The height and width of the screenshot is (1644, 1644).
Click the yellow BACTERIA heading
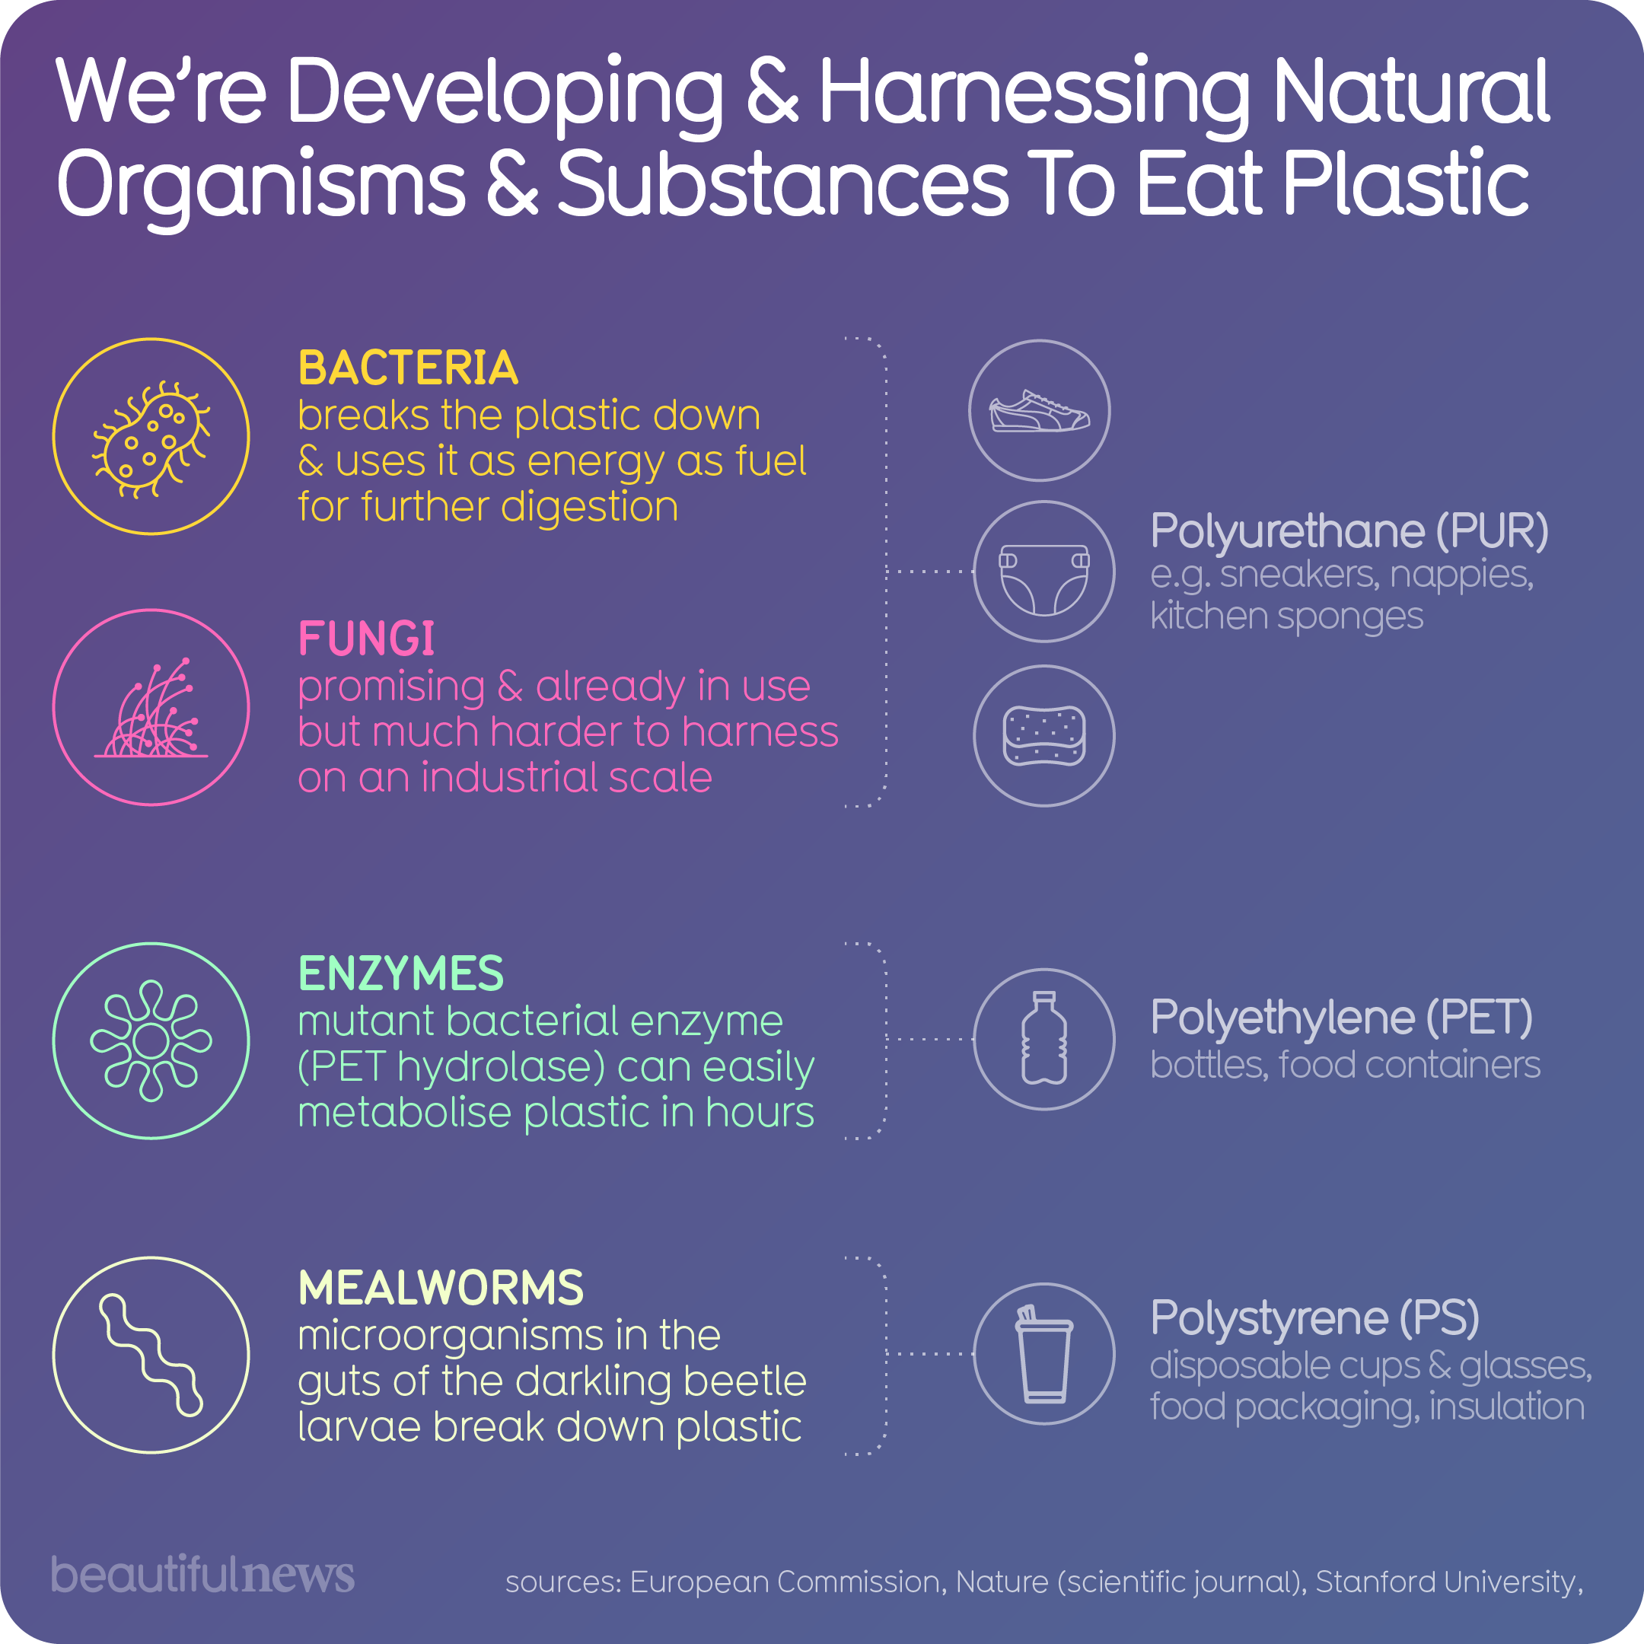click(x=408, y=368)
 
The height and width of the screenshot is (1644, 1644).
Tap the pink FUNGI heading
click(x=366, y=639)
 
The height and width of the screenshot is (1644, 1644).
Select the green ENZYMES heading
click(x=401, y=973)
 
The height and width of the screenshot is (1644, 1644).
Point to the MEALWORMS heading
click(x=441, y=1289)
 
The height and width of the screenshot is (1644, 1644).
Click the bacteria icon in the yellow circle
click(x=151, y=438)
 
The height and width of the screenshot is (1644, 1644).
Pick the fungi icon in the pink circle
click(x=151, y=708)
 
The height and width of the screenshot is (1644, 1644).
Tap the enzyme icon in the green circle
click(x=151, y=1040)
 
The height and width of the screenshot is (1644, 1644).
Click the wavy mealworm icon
click(x=151, y=1355)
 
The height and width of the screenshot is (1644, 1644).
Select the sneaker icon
click(x=1039, y=411)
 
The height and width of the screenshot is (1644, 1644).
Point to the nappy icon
click(x=1044, y=572)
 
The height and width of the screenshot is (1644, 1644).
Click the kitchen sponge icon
click(x=1044, y=736)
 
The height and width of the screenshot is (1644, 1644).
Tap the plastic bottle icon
click(x=1044, y=1039)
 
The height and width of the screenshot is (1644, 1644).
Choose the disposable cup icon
click(x=1044, y=1354)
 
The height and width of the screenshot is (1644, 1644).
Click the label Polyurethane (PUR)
click(x=1349, y=532)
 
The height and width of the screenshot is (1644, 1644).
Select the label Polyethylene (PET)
click(x=1341, y=1018)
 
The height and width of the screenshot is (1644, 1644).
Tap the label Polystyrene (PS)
click(x=1314, y=1318)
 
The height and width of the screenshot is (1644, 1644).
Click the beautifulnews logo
click(x=202, y=1574)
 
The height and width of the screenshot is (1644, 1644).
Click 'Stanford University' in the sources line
click(x=1446, y=1582)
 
